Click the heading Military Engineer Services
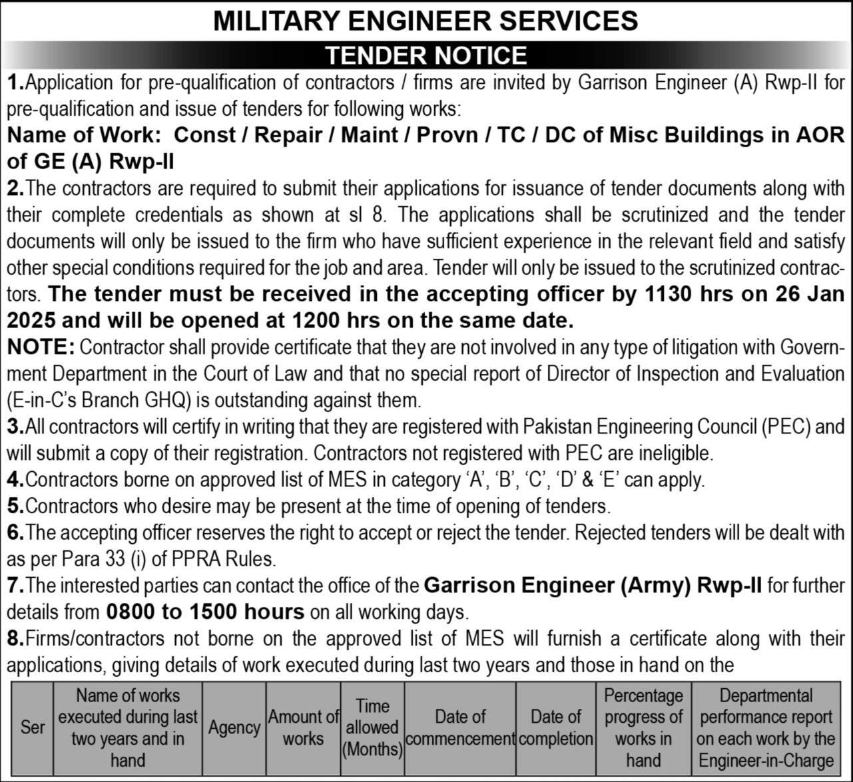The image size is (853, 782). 426,21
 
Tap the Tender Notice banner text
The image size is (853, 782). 426,55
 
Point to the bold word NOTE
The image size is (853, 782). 41,347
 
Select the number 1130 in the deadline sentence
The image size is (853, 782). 673,294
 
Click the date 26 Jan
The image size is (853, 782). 814,294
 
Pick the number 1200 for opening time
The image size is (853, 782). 317,321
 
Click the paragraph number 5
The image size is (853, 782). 15,506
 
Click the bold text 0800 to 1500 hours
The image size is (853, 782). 205,612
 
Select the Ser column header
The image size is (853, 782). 32,727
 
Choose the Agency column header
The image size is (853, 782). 234,727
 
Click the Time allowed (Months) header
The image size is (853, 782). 372,727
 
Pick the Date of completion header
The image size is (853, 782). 556,727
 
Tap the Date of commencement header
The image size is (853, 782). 460,727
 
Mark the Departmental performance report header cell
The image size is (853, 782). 766,727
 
